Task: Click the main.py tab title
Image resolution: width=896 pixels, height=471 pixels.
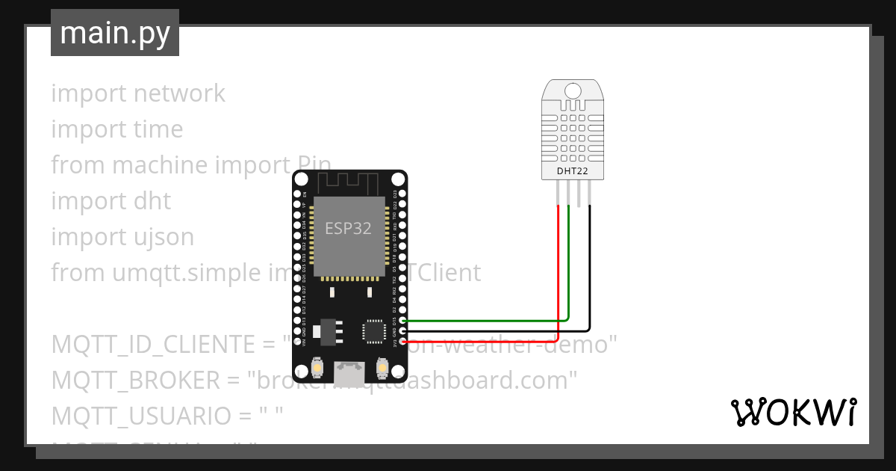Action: [x=114, y=33]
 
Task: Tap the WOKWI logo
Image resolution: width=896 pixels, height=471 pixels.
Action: [x=793, y=413]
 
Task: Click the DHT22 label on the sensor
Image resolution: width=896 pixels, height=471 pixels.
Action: [x=573, y=171]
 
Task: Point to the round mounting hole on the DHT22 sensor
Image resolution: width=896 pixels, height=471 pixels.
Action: [x=573, y=90]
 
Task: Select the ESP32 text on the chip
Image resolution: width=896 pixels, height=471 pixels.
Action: [x=348, y=228]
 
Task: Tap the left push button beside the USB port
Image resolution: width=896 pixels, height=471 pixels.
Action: [x=318, y=368]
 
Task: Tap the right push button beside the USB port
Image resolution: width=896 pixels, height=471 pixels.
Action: [x=382, y=368]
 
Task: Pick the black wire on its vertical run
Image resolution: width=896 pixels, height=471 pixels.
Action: [x=590, y=262]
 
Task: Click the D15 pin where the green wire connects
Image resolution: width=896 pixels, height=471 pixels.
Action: [x=403, y=320]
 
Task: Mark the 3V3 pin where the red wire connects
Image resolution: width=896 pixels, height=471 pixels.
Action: [x=403, y=341]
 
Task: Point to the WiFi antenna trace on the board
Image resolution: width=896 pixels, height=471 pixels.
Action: [x=349, y=182]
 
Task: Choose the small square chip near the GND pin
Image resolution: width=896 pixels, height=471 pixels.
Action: [x=373, y=330]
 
